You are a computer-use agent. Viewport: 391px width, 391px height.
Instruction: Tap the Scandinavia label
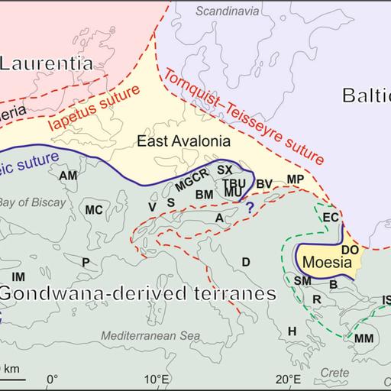point(225,11)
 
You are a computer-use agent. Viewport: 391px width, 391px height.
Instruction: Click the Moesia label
point(326,262)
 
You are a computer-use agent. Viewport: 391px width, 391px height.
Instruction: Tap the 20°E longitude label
point(288,379)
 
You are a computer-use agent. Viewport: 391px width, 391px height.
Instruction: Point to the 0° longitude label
point(52,379)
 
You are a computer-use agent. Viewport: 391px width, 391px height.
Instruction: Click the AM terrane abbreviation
point(68,176)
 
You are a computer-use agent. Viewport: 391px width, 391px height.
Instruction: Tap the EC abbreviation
point(330,218)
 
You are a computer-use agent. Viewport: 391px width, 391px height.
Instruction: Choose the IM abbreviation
point(18,276)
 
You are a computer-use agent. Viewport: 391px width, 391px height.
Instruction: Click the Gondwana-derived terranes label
point(137,294)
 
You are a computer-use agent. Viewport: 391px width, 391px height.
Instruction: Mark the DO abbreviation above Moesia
point(349,249)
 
